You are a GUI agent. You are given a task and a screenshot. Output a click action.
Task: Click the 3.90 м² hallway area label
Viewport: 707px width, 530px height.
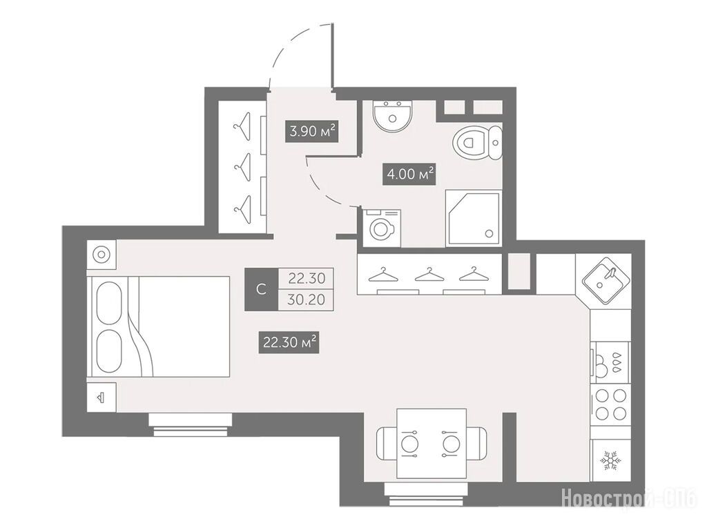(x=311, y=132)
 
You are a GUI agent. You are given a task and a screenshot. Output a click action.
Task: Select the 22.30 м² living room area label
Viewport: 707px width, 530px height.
(x=289, y=342)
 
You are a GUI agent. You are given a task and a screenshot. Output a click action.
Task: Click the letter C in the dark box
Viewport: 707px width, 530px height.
(x=261, y=289)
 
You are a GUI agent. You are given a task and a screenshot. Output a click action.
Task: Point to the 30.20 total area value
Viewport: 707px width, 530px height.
(x=306, y=300)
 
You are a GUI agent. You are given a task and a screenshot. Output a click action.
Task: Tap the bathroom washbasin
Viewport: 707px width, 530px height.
(x=392, y=115)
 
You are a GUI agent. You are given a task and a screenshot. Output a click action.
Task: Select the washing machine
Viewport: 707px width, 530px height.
(x=382, y=228)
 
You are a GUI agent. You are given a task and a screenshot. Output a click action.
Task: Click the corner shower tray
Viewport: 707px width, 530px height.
(x=473, y=217)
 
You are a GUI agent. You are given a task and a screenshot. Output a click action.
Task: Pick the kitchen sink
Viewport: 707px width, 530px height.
(x=606, y=281)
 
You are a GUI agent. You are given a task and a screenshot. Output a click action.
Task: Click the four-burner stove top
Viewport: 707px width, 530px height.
(x=612, y=404)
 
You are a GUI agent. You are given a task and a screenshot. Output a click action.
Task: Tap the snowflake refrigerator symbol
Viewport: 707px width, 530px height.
(x=610, y=460)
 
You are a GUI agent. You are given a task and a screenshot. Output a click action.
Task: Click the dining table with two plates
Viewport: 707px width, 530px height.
(x=431, y=443)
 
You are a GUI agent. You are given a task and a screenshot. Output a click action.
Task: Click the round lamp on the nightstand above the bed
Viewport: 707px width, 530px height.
(x=101, y=255)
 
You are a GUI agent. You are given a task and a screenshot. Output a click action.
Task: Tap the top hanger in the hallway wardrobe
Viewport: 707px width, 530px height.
(x=242, y=126)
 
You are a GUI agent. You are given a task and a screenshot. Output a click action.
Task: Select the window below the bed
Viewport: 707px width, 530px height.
(x=191, y=425)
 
